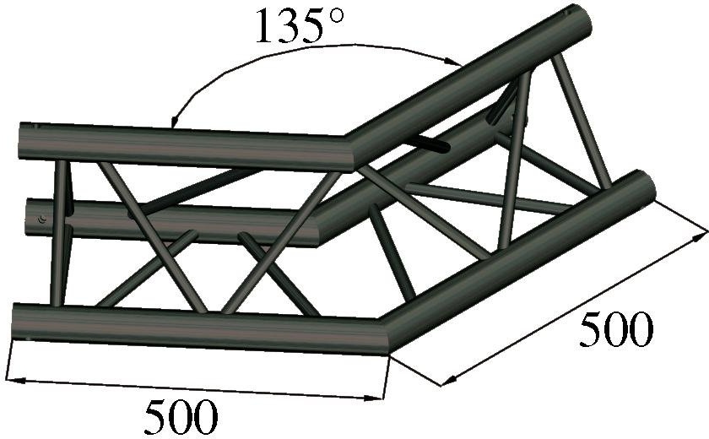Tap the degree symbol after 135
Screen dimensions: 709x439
tap(336, 16)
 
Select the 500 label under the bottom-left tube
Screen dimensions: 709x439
tap(181, 417)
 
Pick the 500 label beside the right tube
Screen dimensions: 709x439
tap(616, 329)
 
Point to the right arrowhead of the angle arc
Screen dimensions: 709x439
tap(454, 62)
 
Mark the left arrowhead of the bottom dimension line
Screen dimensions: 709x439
tap(15, 381)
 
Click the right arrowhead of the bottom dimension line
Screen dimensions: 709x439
tap(375, 398)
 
